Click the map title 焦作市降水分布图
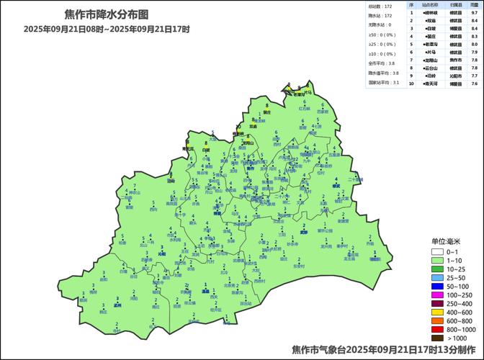coord(106,14)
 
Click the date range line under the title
coord(106,29)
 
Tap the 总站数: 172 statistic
coord(381,6)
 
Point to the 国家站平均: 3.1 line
coord(384,83)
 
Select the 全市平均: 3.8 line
coord(382,63)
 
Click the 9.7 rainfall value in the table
coord(475,13)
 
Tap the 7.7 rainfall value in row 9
coord(475,76)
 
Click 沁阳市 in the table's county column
coord(456,76)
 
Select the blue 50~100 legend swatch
coord(437,287)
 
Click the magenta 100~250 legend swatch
coord(437,295)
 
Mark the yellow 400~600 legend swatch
coord(437,312)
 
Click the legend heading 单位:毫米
coord(447,241)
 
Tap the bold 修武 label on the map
coord(336,186)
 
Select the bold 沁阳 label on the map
coord(161,254)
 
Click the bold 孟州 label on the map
coord(117,305)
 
